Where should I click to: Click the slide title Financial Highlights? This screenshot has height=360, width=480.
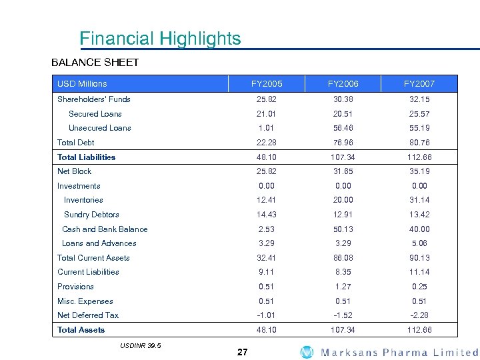160,39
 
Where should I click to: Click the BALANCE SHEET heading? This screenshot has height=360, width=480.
95,63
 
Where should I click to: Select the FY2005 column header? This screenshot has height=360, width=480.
267,84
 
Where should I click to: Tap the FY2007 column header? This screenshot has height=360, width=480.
419,84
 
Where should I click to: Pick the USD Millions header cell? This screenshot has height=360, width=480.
82,84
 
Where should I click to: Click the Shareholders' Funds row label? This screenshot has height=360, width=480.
94,99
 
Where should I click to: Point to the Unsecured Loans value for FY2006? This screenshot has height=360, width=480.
343,128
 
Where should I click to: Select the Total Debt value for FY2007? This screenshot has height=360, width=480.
419,143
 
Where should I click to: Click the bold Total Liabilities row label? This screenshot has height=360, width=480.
86,157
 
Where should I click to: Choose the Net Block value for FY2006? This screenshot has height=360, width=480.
343,171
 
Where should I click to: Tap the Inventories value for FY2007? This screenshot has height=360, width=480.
419,200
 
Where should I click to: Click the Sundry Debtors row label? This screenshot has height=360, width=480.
91,215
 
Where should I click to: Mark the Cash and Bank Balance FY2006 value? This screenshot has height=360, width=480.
343,229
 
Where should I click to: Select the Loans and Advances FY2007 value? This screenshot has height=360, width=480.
419,243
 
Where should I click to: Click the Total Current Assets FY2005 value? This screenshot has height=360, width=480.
267,258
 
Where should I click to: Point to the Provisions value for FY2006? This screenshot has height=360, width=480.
343,287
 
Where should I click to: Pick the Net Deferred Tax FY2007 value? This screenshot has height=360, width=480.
419,315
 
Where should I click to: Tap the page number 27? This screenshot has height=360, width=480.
242,352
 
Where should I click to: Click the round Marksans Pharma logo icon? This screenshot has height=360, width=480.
307,352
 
